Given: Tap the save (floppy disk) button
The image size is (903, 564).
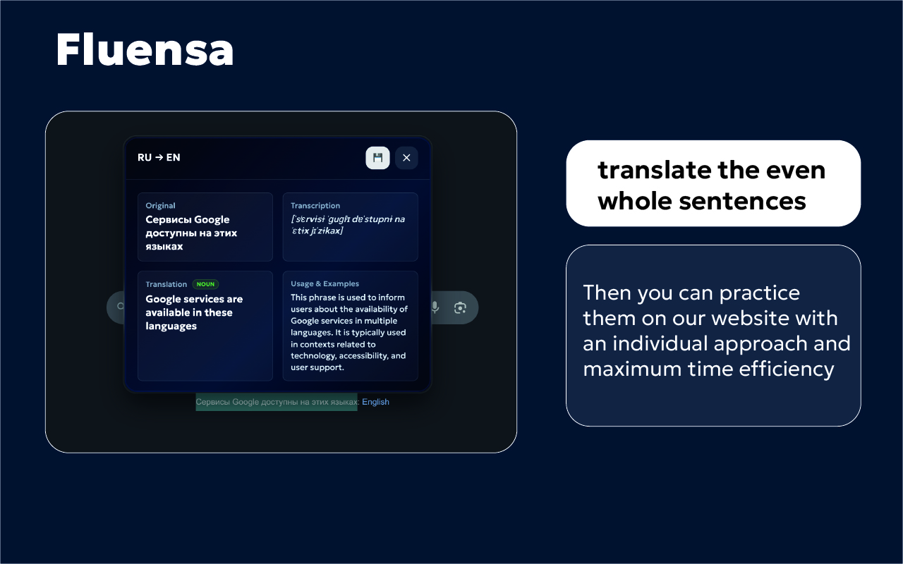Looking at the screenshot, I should click(x=377, y=158).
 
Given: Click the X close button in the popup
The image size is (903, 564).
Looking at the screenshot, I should click(x=406, y=158).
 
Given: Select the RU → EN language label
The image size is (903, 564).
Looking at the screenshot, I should click(x=159, y=157).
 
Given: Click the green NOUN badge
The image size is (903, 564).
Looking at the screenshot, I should click(x=205, y=284).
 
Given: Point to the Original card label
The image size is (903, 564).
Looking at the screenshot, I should click(x=160, y=206).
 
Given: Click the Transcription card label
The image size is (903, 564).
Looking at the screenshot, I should click(x=315, y=206).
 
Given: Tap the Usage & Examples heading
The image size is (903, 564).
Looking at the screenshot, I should click(x=325, y=283).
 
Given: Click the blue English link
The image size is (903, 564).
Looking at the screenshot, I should click(x=375, y=402).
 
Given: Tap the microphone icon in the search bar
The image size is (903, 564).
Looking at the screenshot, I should click(x=435, y=307).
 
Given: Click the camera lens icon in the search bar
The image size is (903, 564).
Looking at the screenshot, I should click(x=461, y=307).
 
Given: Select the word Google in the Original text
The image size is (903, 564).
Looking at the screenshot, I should click(x=212, y=219).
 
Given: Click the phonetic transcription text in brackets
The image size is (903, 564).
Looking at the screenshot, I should click(x=348, y=225).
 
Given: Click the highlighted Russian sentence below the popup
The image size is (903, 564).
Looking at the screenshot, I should click(x=277, y=402).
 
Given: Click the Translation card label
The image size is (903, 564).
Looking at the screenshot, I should click(x=166, y=284).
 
